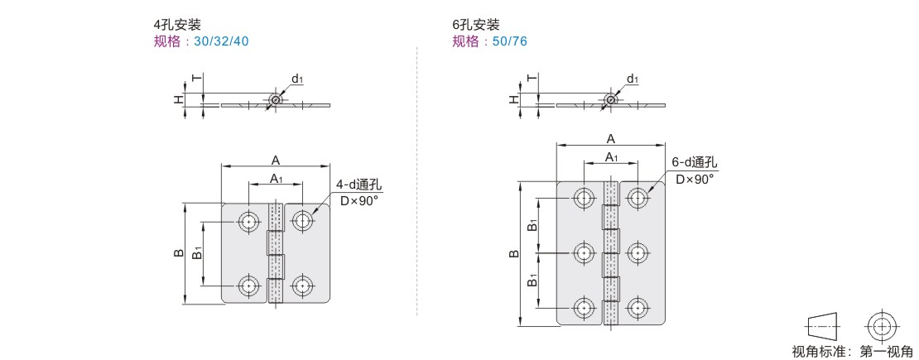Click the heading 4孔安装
177,25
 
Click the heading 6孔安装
475,25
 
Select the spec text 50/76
509,41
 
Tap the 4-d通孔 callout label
358,185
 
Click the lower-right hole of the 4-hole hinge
302,286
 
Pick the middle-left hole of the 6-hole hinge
583,253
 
